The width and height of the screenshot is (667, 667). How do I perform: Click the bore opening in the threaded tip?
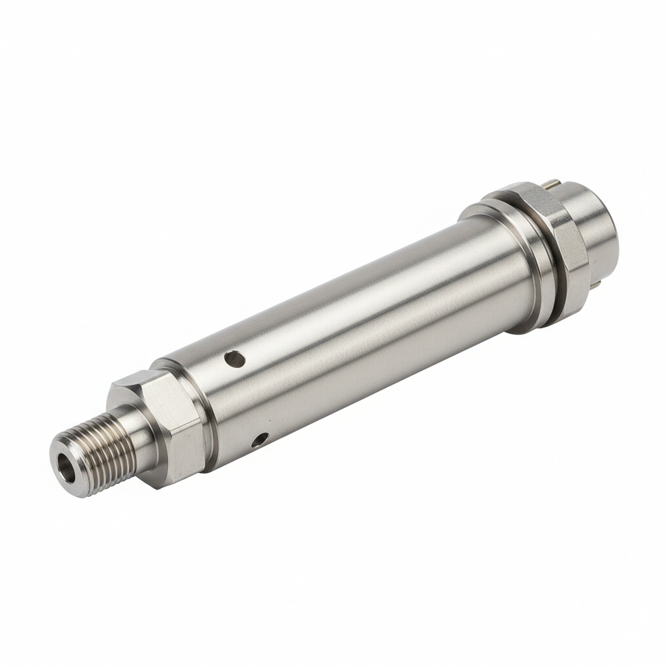click(66, 468)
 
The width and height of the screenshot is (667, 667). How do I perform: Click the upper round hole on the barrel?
click(234, 358)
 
